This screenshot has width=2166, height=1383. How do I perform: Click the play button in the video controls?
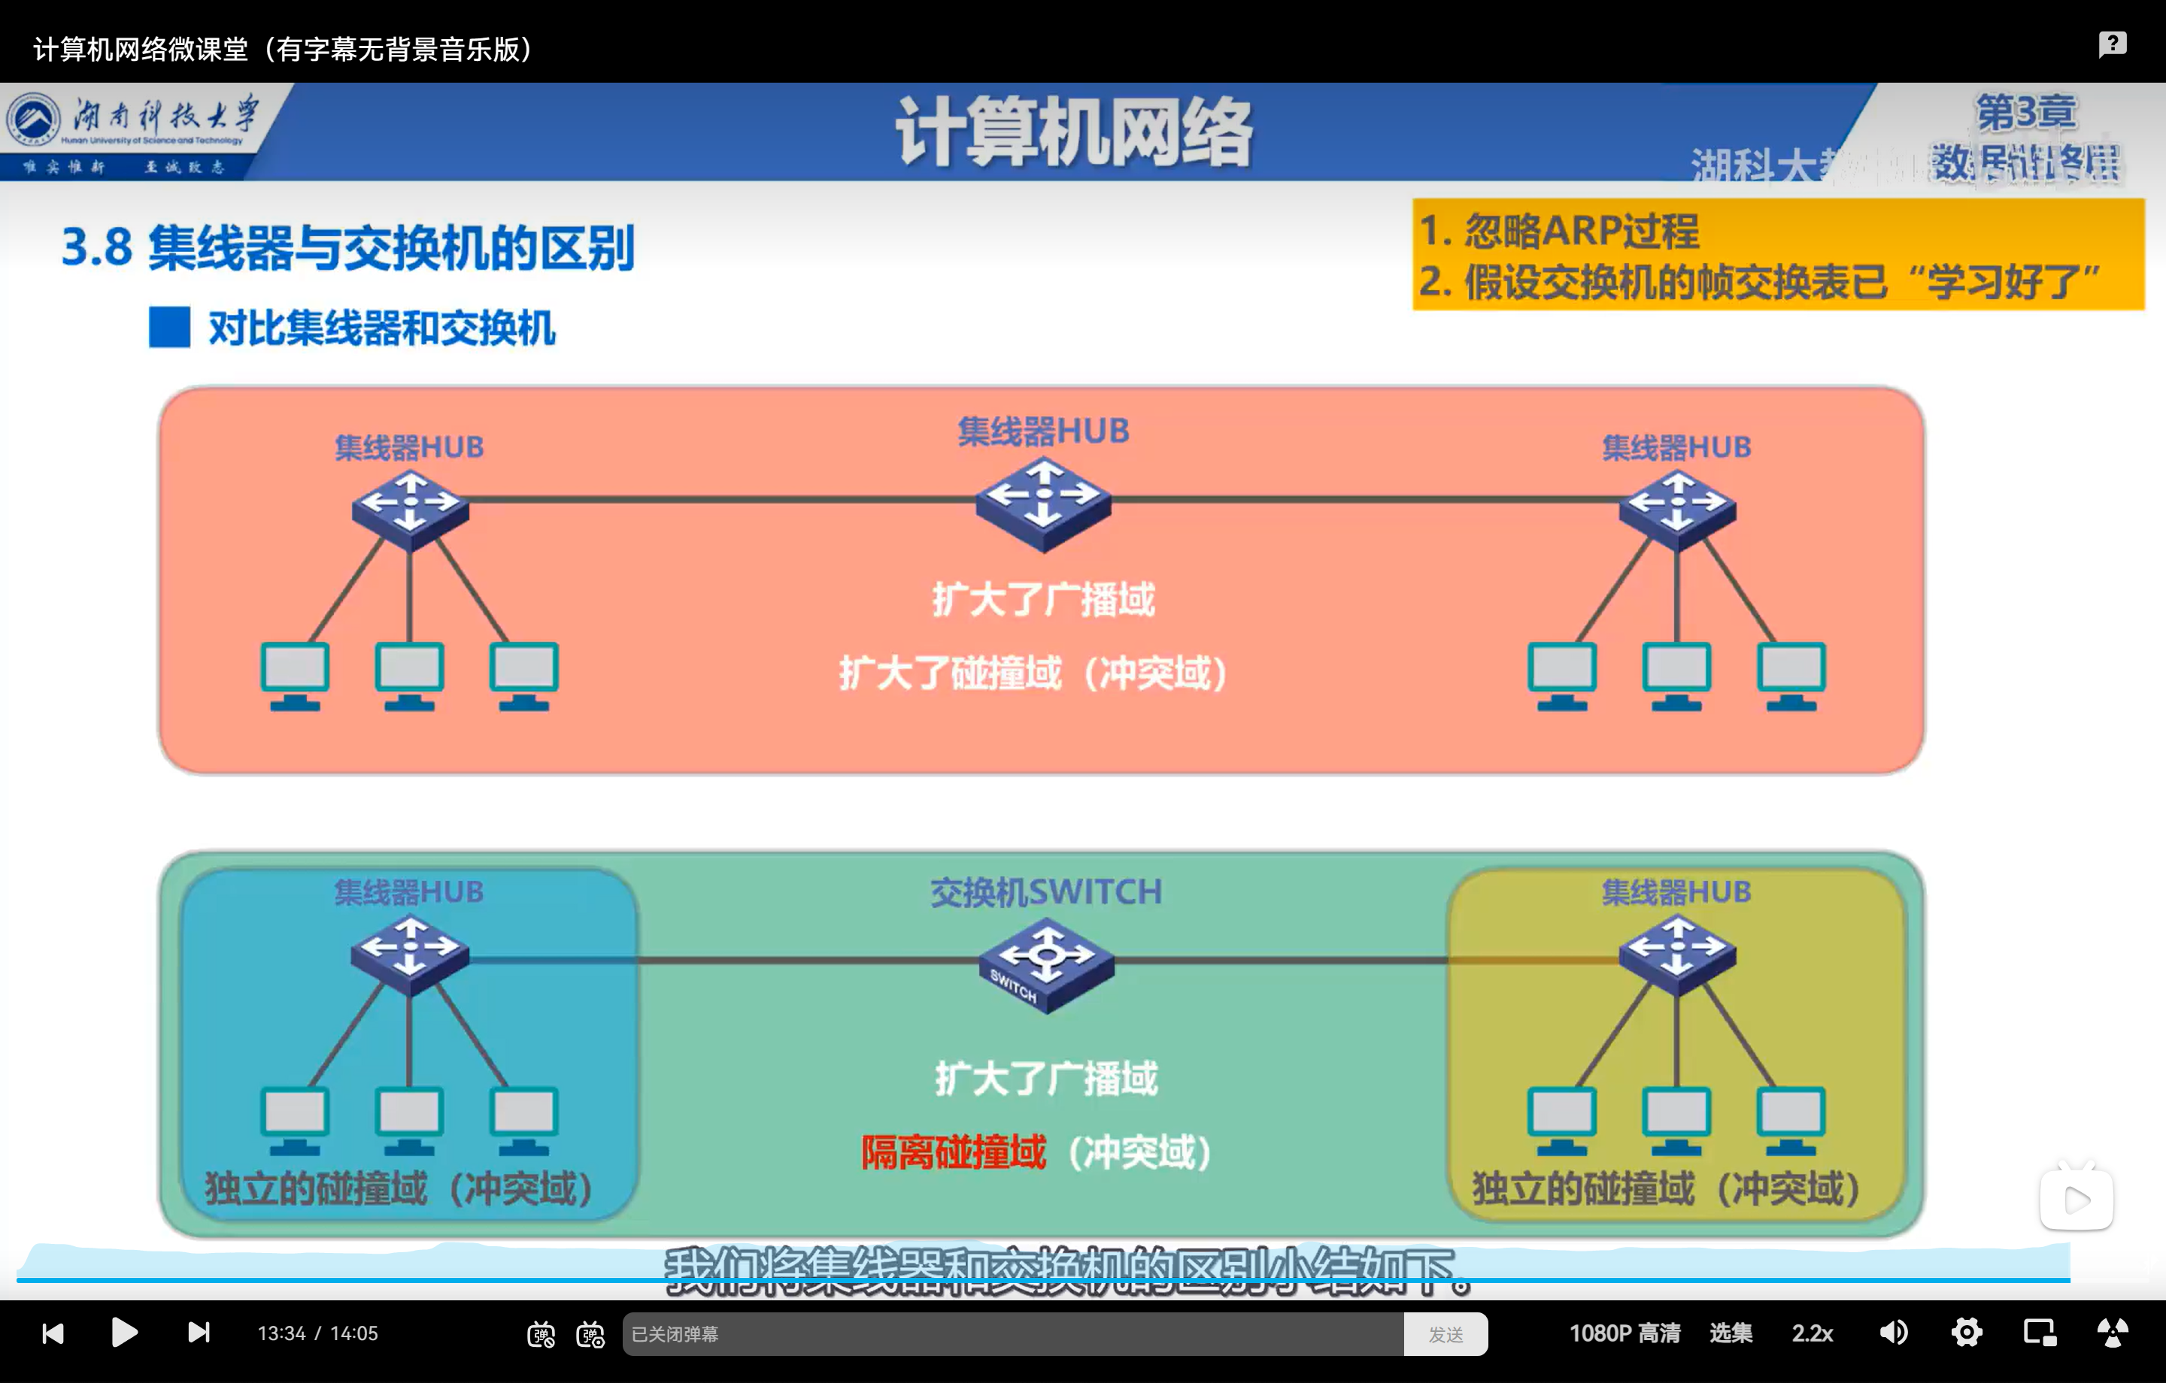coord(124,1332)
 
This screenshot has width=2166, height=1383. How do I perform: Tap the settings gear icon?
coord(1966,1332)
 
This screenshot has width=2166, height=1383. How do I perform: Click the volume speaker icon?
coord(1894,1332)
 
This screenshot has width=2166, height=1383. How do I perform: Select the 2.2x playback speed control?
coord(1812,1333)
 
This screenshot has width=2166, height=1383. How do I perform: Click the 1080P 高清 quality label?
coord(1624,1333)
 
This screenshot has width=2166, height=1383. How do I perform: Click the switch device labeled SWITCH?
coord(1045,964)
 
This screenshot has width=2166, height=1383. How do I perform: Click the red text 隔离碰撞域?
coord(954,1152)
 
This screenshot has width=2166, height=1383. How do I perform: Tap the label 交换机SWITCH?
coord(1045,891)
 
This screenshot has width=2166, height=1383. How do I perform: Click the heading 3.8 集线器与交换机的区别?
coord(347,247)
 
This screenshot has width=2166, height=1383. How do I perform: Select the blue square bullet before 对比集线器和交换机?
coord(169,327)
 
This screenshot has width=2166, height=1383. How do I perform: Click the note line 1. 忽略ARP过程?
coord(1559,230)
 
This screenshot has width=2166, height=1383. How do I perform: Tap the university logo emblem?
coord(33,120)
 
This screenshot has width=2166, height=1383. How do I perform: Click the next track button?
coord(199,1332)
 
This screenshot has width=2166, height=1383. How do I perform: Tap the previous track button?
coord(53,1332)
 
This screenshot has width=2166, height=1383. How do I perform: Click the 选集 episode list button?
coord(1731,1333)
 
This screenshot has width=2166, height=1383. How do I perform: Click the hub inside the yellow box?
coord(1676,953)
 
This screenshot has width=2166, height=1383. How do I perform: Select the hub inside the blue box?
coord(409,953)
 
